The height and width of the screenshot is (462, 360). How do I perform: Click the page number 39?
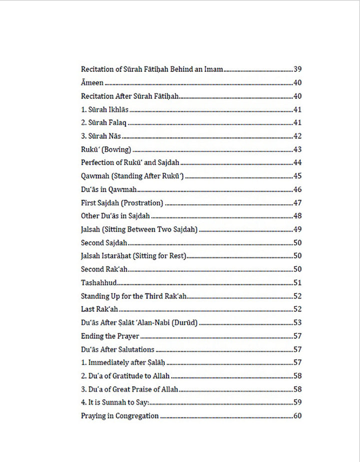pyautogui.click(x=297, y=69)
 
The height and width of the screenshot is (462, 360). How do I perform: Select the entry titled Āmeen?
pyautogui.click(x=92, y=83)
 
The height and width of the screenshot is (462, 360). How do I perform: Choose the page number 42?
pyautogui.click(x=297, y=136)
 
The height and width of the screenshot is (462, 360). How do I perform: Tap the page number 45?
pyautogui.click(x=297, y=176)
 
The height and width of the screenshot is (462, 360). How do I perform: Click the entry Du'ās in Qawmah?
pyautogui.click(x=108, y=189)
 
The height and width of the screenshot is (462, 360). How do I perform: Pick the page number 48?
pyautogui.click(x=297, y=216)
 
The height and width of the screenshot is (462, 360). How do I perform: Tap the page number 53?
pyautogui.click(x=297, y=323)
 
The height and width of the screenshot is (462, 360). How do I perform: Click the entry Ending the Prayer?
pyautogui.click(x=110, y=336)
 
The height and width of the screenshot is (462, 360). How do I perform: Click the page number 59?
pyautogui.click(x=297, y=403)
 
